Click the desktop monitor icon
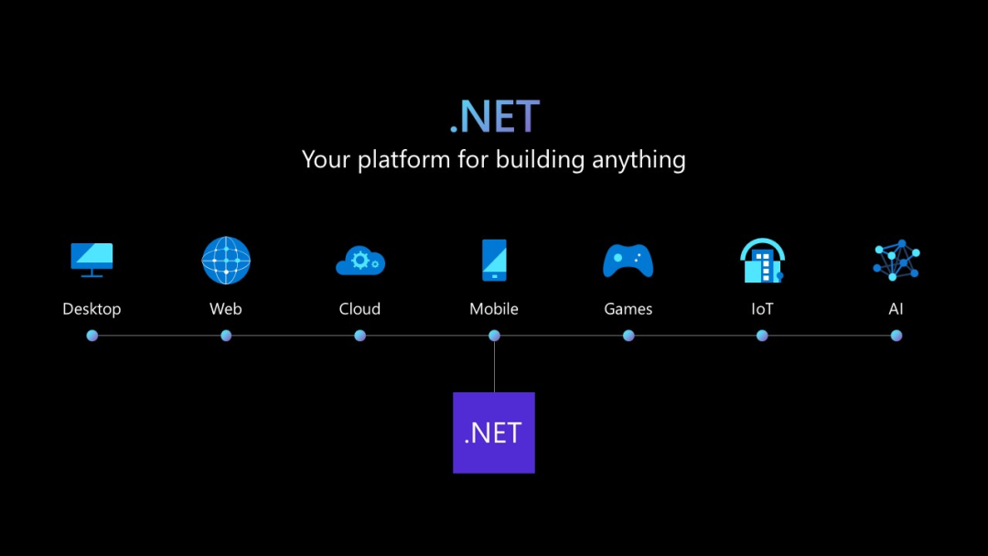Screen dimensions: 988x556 92,260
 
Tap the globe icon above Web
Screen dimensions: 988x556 226,260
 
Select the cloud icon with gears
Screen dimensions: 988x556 360,261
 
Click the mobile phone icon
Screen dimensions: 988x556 494,260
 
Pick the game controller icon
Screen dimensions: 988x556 628,261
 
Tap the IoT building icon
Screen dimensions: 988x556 762,260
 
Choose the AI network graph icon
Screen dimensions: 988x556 896,260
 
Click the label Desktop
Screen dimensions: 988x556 92,308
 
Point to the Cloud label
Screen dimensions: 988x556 360,308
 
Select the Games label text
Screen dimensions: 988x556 628,308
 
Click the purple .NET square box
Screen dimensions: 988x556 494,433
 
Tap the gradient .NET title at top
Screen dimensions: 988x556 495,116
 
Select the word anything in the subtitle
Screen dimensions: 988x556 639,160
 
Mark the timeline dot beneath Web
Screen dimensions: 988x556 226,336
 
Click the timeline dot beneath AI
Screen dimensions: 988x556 896,336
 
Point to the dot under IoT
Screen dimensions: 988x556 762,336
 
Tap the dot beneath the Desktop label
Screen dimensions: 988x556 92,336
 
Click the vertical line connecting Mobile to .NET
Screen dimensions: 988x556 494,367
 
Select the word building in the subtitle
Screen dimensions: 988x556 541,160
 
